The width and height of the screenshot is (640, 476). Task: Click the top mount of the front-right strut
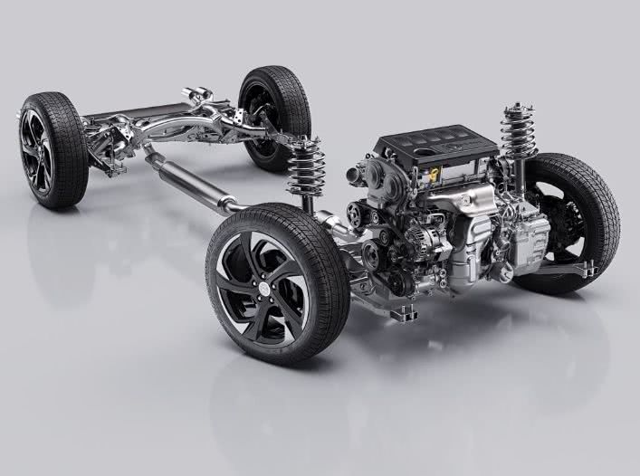(517, 110)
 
